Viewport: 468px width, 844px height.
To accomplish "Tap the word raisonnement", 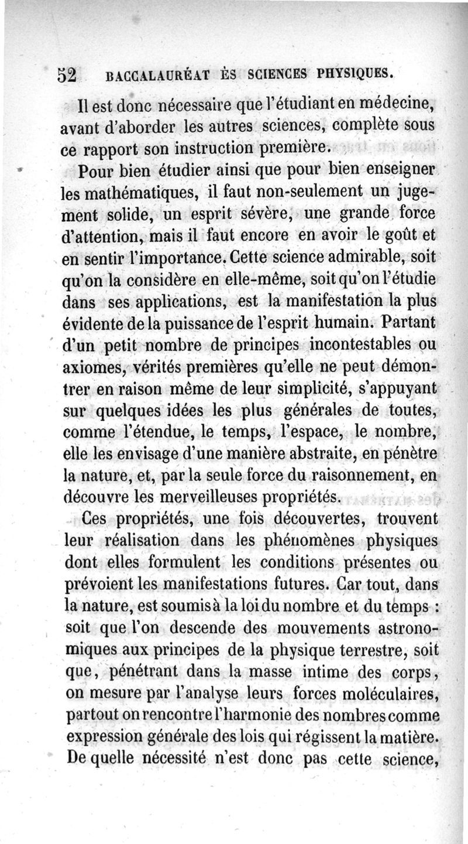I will click(362, 476).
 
